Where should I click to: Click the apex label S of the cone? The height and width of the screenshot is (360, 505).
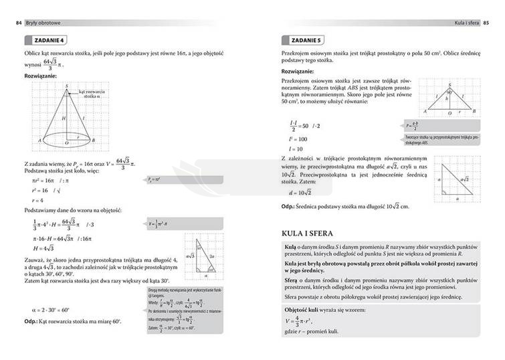point(66,86)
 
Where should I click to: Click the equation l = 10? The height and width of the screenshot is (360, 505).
point(296,149)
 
